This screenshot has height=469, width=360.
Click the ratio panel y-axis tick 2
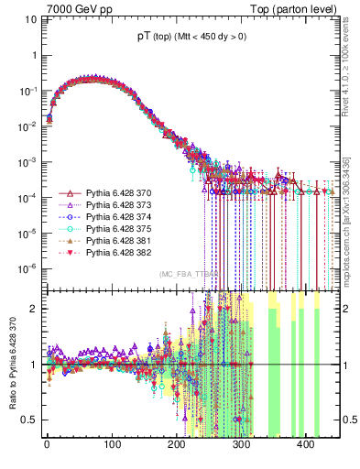click(x=33, y=309)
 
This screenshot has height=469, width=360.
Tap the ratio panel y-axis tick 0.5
click(x=29, y=420)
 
